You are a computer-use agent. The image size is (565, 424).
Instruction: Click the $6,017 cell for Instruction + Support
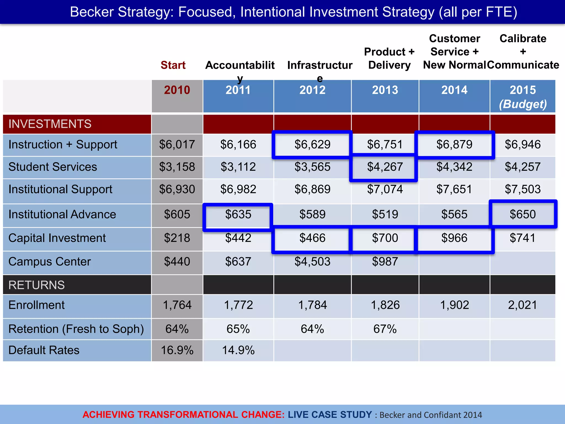tap(177, 145)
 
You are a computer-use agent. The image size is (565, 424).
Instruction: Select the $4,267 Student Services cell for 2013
tap(385, 167)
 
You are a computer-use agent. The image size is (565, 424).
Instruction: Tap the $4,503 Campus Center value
tap(312, 262)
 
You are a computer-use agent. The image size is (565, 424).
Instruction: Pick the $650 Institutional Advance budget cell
tap(523, 214)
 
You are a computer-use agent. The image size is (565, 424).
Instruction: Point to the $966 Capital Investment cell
tap(454, 238)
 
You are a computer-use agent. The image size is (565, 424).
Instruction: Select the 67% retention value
tap(385, 329)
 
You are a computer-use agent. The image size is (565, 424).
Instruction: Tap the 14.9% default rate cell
tap(238, 350)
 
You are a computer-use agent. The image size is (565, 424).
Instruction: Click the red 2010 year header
tap(177, 90)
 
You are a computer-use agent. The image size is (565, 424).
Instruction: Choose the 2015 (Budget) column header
tap(523, 97)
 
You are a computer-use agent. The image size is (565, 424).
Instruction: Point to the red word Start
tap(173, 65)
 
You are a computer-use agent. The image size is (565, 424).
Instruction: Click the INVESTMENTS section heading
tap(50, 124)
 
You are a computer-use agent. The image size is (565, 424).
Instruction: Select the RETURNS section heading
tap(37, 285)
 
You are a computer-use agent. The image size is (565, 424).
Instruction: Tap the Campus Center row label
tap(50, 262)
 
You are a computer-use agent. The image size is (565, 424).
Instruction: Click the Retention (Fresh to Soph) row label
tap(76, 329)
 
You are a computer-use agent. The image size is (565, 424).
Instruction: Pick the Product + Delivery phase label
tap(389, 59)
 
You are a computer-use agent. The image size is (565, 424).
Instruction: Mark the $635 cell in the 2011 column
tap(238, 214)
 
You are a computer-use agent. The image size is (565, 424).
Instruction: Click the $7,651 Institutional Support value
tap(454, 189)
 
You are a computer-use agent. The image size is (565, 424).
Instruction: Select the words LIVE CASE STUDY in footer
tap(330, 415)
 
